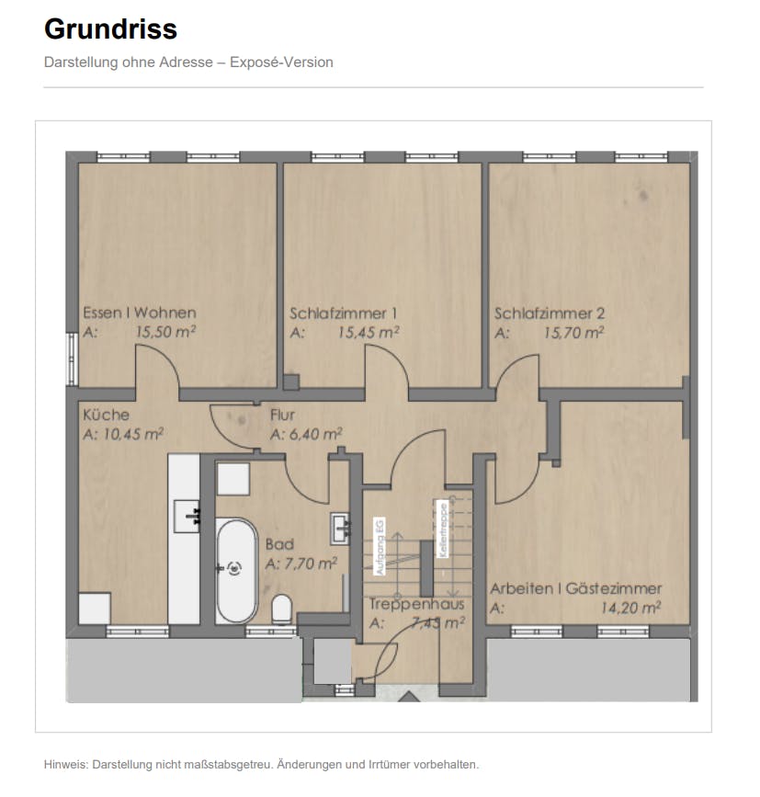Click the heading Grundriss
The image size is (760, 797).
(110, 29)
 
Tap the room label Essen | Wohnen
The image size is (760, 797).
(139, 313)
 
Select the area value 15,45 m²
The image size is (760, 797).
(368, 333)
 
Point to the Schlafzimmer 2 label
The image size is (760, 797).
(550, 313)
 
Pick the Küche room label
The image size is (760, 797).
(106, 415)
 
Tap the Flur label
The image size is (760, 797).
(282, 415)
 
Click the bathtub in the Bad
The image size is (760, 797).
(237, 570)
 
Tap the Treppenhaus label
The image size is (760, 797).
(416, 605)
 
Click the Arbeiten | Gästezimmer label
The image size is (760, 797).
(575, 588)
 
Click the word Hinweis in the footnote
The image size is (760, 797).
(66, 765)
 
